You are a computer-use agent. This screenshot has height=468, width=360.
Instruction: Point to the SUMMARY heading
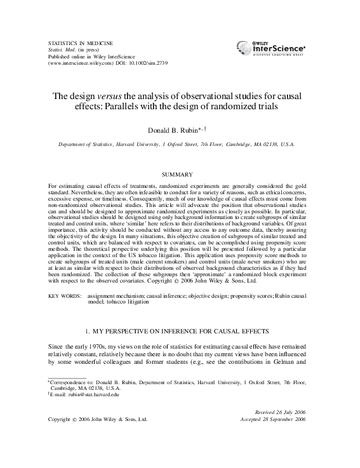point(179,173)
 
